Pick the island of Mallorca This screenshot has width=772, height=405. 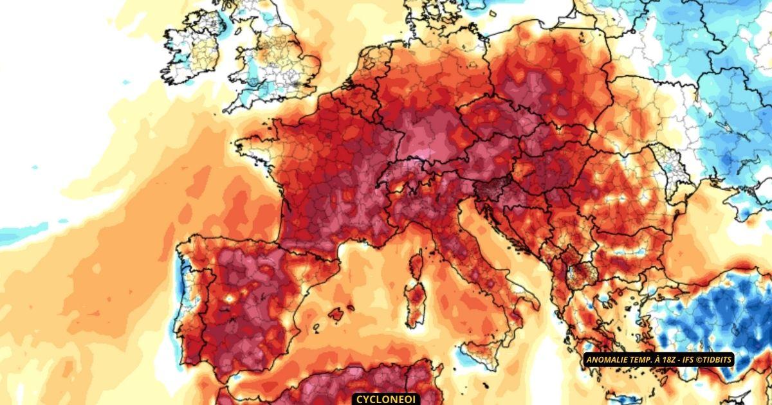coord(336,314)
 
